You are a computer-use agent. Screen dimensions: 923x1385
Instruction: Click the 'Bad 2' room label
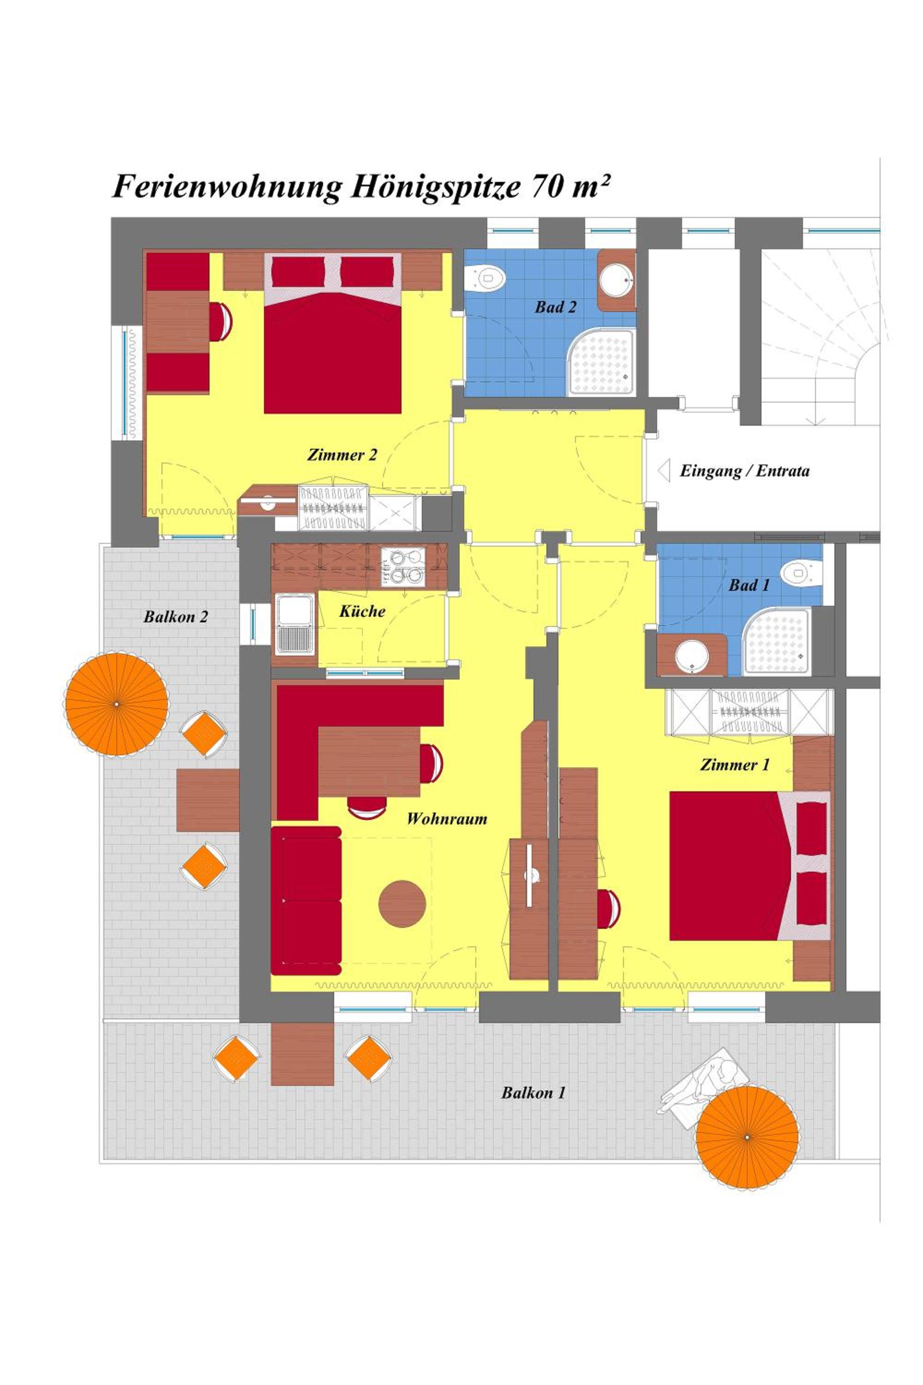555,307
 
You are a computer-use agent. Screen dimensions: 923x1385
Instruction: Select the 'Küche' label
362,611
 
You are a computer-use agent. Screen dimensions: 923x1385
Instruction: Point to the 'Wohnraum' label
447,819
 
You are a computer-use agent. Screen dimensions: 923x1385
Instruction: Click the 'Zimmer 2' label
342,455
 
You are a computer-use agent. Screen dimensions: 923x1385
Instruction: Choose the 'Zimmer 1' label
735,765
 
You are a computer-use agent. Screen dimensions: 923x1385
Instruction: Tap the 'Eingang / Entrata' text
745,471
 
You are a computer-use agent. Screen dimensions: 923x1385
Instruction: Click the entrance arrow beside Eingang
664,471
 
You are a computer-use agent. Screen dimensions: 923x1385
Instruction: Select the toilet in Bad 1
801,571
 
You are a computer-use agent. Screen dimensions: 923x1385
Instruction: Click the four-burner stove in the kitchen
402,566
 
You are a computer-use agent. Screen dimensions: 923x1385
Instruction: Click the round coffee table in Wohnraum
402,904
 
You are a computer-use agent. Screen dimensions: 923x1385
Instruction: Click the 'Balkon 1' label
533,1093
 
